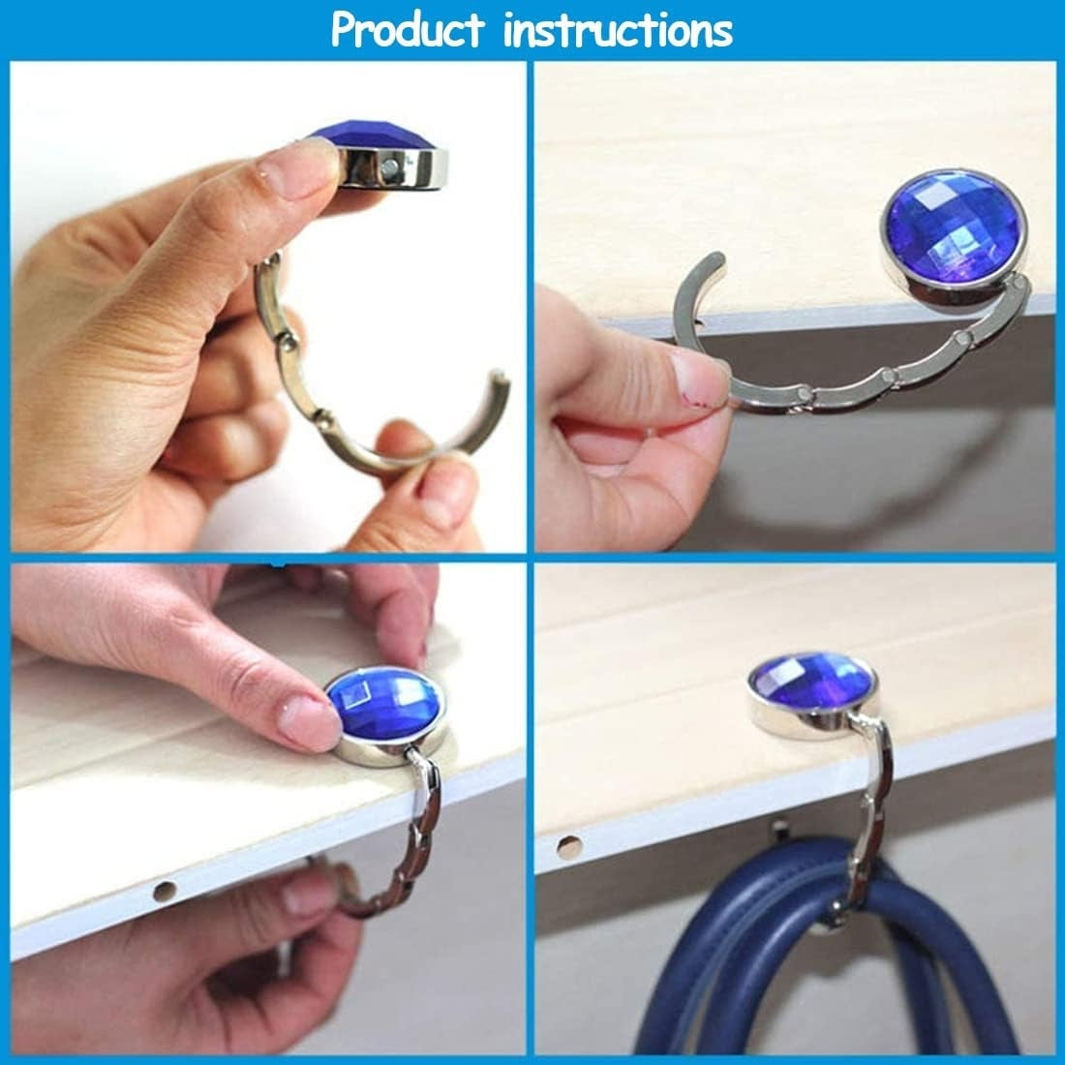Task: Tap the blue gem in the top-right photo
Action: click(954, 228)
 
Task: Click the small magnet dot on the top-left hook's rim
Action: click(389, 167)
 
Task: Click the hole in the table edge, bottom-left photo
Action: click(165, 891)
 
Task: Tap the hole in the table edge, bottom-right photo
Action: click(568, 847)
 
